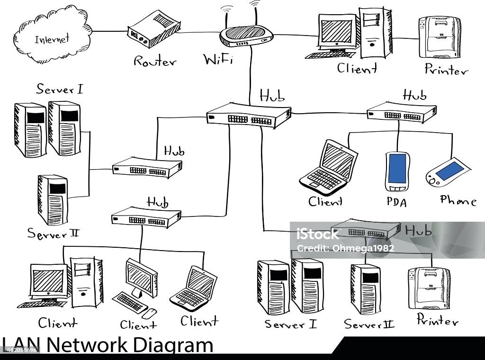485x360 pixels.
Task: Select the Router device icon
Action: (x=154, y=29)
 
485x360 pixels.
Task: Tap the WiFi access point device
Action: (x=247, y=36)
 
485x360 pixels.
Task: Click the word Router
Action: (x=154, y=62)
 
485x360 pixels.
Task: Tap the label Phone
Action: (x=458, y=201)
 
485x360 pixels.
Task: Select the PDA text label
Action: (x=396, y=202)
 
